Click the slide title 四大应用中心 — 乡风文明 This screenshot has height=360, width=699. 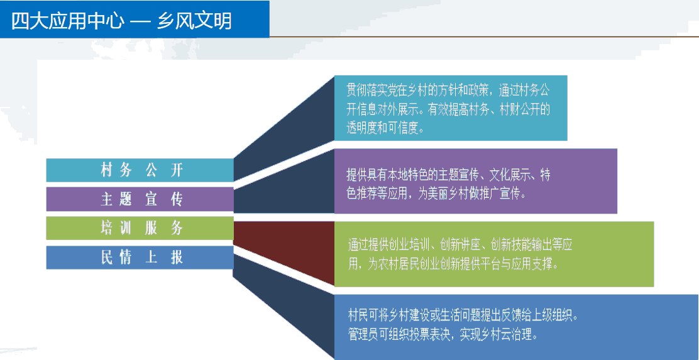pos(121,21)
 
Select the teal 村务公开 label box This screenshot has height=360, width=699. pos(140,170)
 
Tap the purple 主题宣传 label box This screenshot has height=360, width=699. pos(140,199)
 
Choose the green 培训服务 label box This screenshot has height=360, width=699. pos(140,228)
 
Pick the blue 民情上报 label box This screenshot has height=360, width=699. pos(140,258)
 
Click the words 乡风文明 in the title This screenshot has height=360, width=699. pos(195,21)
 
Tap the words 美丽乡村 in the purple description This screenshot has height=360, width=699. pos(447,194)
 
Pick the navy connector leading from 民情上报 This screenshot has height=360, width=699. pos(284,307)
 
